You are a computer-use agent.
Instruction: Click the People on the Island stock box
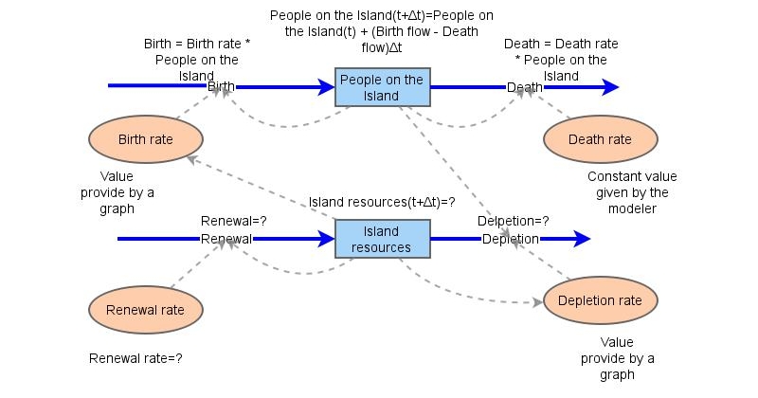[382, 87]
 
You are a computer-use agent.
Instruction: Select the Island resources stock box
[383, 239]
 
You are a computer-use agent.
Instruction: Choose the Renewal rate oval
[146, 308]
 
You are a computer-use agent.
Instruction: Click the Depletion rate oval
[600, 300]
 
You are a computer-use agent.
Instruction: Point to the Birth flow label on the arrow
[221, 87]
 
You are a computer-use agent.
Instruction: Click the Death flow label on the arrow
[525, 87]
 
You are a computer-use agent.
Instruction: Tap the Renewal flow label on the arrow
[226, 239]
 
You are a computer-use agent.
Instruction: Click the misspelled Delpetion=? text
[513, 222]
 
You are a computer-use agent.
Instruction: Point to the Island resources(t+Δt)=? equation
[383, 203]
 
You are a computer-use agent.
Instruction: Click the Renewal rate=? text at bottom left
[135, 359]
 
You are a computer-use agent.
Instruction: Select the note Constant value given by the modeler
[628, 192]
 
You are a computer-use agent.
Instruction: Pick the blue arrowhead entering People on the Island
[326, 87]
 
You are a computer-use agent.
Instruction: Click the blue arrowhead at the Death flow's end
[609, 87]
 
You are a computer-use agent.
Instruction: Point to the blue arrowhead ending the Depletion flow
[581, 239]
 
